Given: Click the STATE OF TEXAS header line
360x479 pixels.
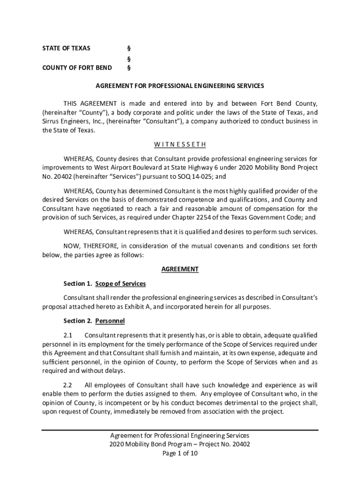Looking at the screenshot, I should coord(66,48).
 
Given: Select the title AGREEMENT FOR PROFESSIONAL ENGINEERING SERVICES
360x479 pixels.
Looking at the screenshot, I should coord(180,86).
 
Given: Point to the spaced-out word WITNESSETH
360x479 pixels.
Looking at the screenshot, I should coord(180,144).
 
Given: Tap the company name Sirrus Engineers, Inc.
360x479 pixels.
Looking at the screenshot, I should coord(73,121).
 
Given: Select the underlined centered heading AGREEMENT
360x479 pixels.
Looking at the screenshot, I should coord(180,269).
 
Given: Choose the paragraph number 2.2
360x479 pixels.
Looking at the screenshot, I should coord(68,385).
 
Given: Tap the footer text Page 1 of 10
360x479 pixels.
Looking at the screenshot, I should coord(180,454).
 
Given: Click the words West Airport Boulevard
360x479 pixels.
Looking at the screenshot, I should coord(114,167).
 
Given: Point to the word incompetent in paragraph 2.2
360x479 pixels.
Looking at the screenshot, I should coord(123,403).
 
